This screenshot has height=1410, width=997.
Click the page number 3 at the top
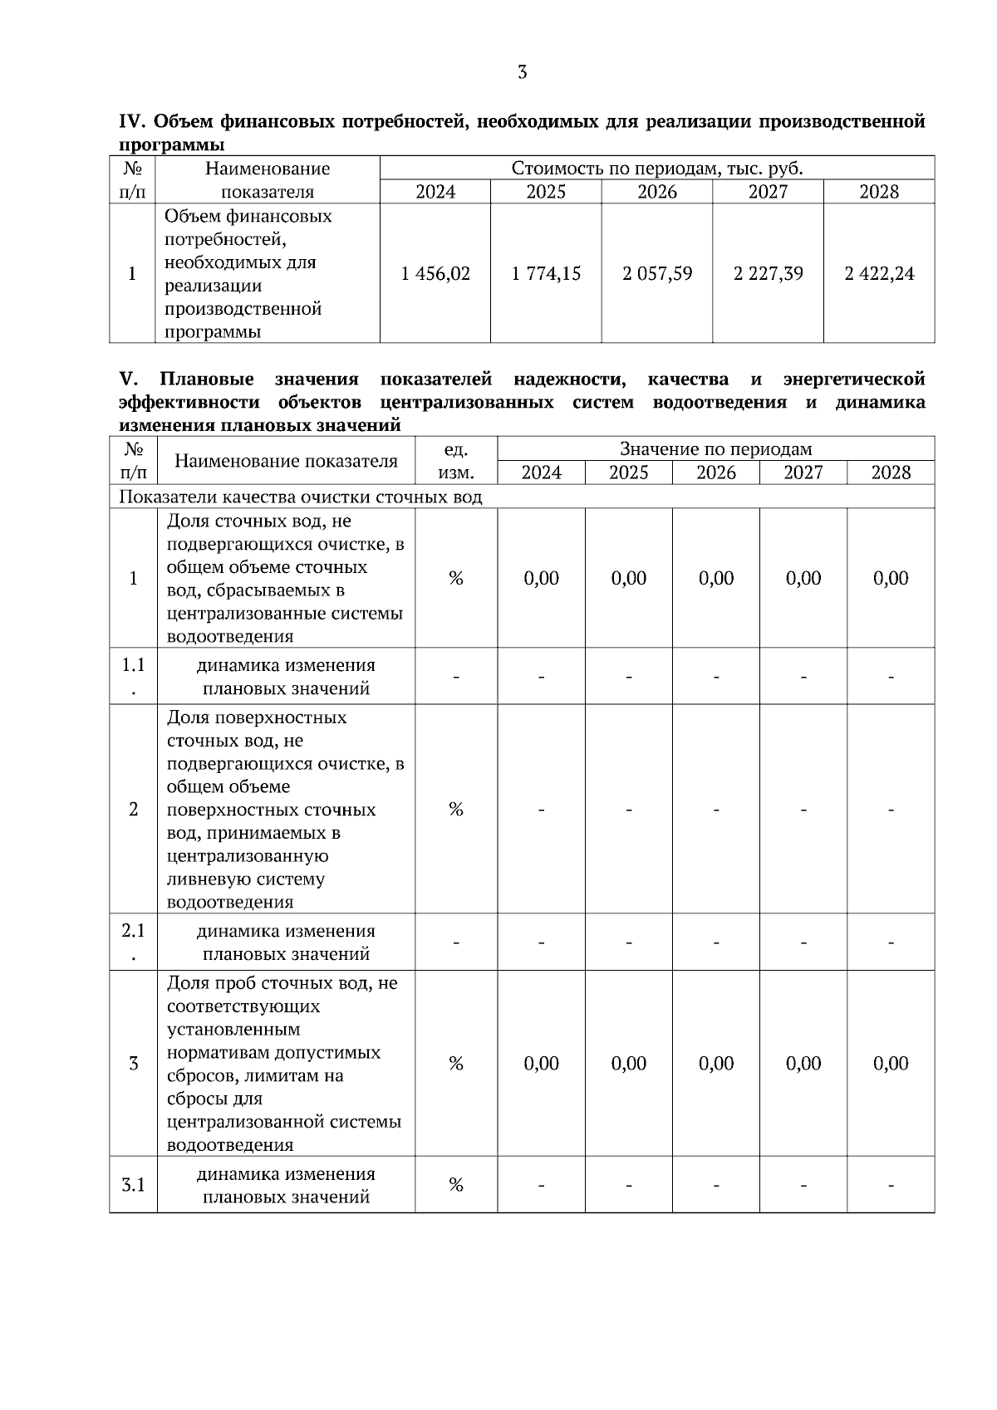tap(522, 72)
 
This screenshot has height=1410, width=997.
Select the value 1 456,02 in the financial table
tap(435, 273)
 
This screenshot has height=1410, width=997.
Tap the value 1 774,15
tap(546, 273)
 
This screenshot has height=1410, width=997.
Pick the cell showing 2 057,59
tap(657, 273)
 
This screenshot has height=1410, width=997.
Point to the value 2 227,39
tap(768, 273)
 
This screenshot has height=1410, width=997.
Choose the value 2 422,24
tap(879, 273)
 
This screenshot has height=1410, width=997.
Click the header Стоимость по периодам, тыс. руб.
tap(656, 169)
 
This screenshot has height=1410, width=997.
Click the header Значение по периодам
tap(715, 449)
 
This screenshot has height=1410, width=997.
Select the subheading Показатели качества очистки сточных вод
tap(301, 497)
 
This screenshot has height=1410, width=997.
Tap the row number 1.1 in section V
tap(133, 666)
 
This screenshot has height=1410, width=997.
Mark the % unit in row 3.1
tap(455, 1185)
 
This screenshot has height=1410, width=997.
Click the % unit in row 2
tap(455, 809)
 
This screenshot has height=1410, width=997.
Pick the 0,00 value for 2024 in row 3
tap(541, 1063)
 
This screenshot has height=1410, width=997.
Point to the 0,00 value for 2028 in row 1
tap(891, 578)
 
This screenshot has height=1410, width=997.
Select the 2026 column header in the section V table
tap(715, 472)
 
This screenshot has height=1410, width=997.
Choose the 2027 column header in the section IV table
tap(768, 192)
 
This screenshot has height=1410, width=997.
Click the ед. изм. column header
tap(455, 461)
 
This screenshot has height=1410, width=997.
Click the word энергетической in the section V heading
tap(853, 379)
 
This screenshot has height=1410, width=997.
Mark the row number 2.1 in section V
tap(133, 932)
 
